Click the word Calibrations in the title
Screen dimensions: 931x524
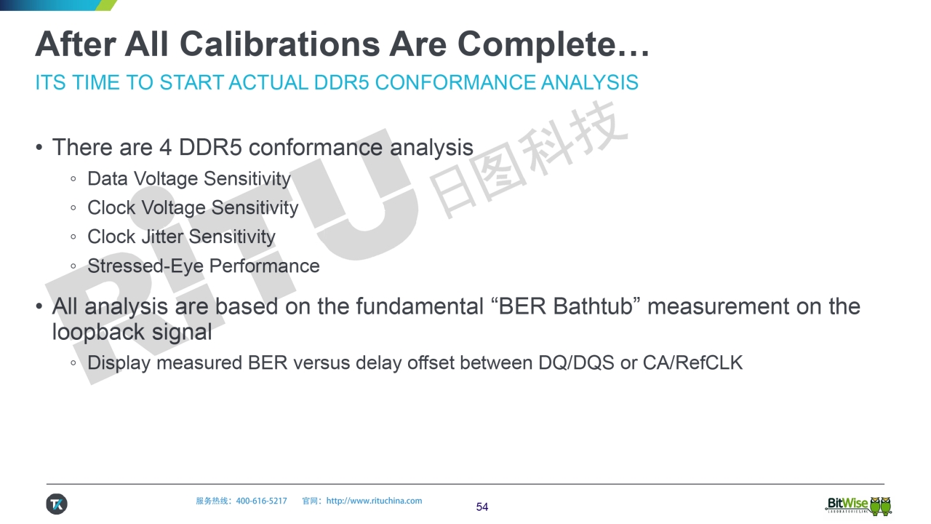tap(279, 44)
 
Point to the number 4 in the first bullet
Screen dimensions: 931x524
tap(165, 147)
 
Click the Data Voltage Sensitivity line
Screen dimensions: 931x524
tap(188, 179)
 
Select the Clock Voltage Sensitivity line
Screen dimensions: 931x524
tap(193, 208)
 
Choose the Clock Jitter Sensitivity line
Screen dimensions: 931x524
tap(181, 237)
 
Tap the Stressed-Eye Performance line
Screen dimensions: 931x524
tap(203, 266)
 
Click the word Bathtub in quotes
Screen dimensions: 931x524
tap(593, 306)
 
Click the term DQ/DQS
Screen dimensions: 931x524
tap(576, 362)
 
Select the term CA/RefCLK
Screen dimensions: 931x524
tap(693, 362)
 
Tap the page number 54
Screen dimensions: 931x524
tap(482, 507)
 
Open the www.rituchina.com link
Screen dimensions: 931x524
tap(374, 501)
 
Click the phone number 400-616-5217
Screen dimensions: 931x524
tap(261, 501)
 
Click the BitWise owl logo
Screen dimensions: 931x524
tap(859, 505)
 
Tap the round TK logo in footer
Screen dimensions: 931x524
tap(57, 504)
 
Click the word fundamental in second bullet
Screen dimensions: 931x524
tap(420, 306)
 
